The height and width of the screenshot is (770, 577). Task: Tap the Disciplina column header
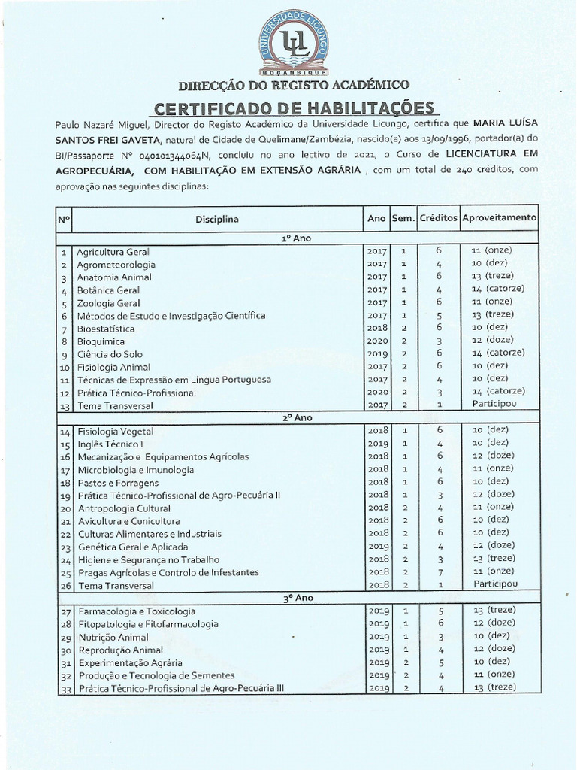[217, 219]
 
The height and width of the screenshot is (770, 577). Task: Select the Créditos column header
[438, 217]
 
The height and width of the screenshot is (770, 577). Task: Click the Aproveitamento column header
[499, 217]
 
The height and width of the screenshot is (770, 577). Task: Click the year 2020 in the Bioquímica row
[376, 341]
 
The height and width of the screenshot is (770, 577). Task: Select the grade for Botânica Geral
[497, 289]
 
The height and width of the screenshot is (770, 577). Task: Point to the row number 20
[64, 509]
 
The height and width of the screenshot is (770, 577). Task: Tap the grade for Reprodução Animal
[497, 648]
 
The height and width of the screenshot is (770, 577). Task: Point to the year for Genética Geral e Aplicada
[376, 546]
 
